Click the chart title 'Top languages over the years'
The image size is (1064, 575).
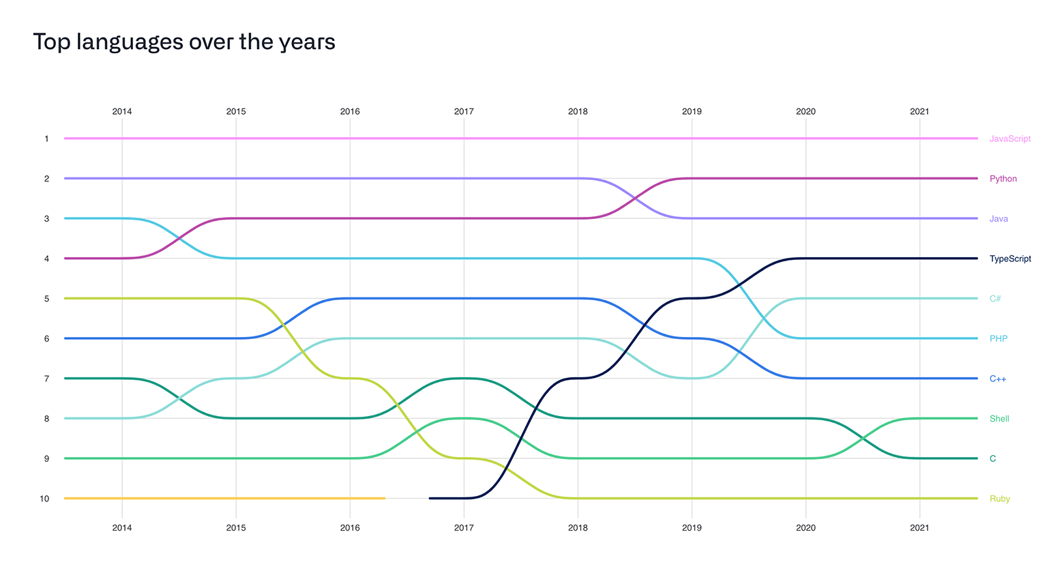[184, 42]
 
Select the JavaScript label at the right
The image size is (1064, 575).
[1009, 138]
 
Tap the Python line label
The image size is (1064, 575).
[1003, 179]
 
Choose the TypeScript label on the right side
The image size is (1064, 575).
[1010, 259]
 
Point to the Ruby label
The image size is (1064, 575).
[999, 499]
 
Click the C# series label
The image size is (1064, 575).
[995, 299]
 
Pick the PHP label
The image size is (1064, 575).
[998, 338]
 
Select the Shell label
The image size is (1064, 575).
[999, 419]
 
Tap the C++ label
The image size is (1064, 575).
[997, 379]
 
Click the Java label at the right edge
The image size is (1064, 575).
[999, 219]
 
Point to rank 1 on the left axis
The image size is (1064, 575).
[46, 138]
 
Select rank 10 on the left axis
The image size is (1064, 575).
[44, 499]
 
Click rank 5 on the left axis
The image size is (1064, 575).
[46, 299]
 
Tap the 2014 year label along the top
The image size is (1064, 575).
[122, 111]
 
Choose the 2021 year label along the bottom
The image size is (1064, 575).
[919, 527]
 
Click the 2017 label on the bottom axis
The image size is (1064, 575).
[464, 527]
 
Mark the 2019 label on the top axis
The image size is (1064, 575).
[692, 111]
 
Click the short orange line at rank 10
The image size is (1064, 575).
[225, 499]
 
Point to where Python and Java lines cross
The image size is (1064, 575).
[635, 198]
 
